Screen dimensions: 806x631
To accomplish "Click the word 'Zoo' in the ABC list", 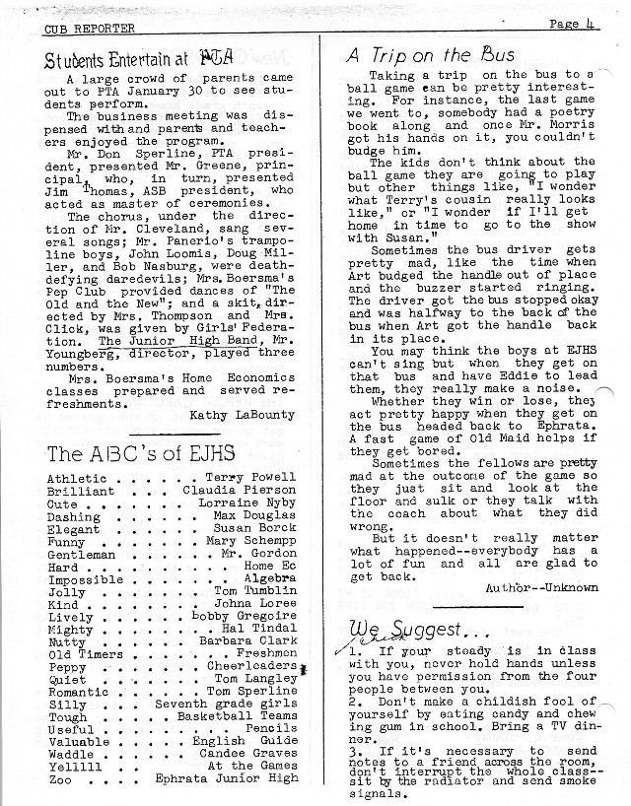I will point(60,781).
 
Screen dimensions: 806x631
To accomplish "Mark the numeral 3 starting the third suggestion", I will point(352,753).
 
